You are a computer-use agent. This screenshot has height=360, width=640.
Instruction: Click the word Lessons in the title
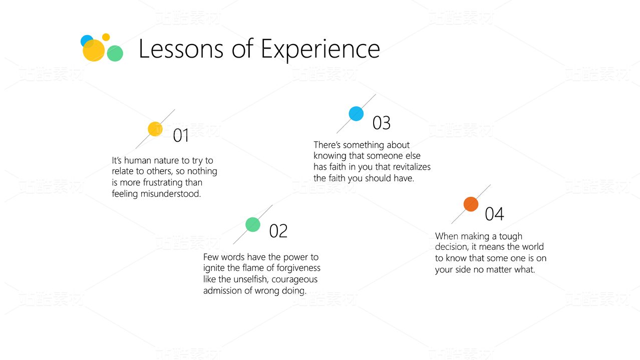(181, 49)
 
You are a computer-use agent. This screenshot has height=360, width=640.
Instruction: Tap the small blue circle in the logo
(87, 41)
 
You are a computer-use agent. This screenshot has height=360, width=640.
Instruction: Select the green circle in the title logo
(115, 54)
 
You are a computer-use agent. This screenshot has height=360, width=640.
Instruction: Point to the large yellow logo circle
(94, 51)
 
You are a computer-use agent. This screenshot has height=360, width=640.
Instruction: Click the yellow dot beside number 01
(155, 129)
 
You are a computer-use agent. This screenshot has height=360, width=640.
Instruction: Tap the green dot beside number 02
(253, 225)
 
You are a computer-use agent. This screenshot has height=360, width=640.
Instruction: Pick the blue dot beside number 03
(356, 114)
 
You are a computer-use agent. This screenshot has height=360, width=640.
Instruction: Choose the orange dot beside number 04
(471, 204)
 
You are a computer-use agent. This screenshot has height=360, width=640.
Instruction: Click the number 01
(181, 135)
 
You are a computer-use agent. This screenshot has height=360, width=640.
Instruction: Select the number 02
(278, 231)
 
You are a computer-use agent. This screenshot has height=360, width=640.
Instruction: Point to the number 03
(382, 123)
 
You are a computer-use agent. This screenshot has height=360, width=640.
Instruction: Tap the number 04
(495, 214)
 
